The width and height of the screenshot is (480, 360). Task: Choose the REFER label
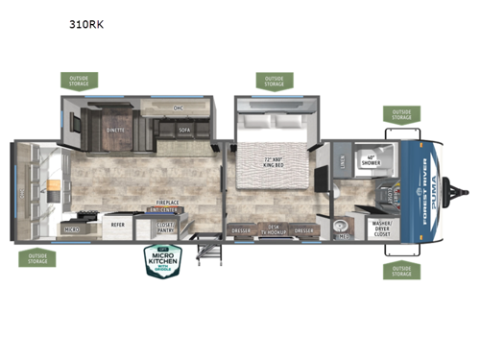click(x=116, y=226)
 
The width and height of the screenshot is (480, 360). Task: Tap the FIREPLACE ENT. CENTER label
click(x=170, y=205)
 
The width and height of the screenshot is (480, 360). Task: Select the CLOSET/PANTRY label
click(x=169, y=228)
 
